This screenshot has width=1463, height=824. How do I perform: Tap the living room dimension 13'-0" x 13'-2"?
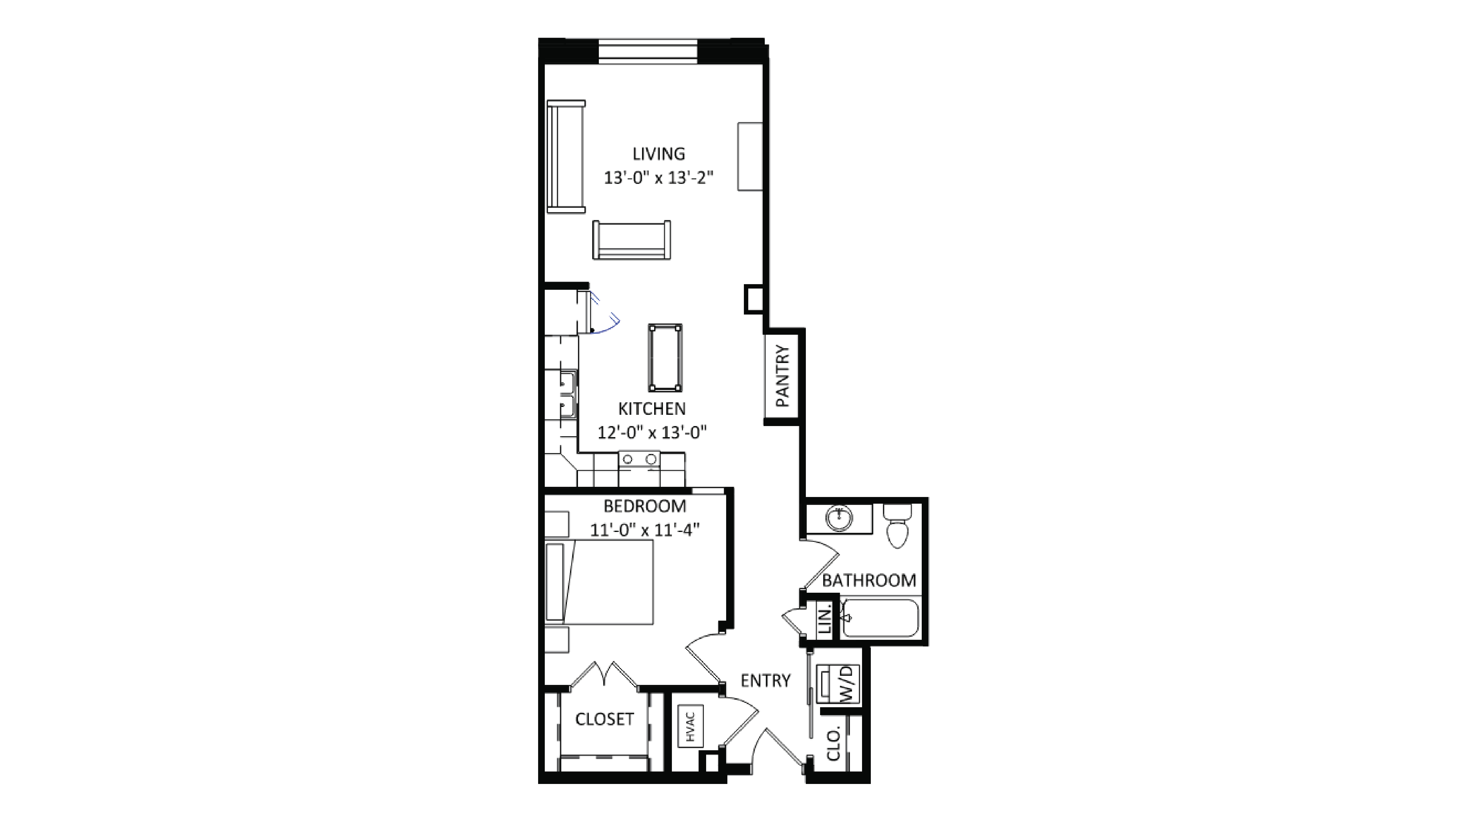(x=658, y=178)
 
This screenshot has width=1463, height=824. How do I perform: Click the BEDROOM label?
(x=645, y=506)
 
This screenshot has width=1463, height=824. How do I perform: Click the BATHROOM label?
(x=869, y=580)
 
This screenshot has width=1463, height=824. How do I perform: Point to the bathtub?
(x=880, y=618)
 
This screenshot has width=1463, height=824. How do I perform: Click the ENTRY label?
(x=766, y=680)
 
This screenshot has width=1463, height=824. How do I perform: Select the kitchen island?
(x=665, y=357)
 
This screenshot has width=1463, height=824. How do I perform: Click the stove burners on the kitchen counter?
(x=639, y=459)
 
